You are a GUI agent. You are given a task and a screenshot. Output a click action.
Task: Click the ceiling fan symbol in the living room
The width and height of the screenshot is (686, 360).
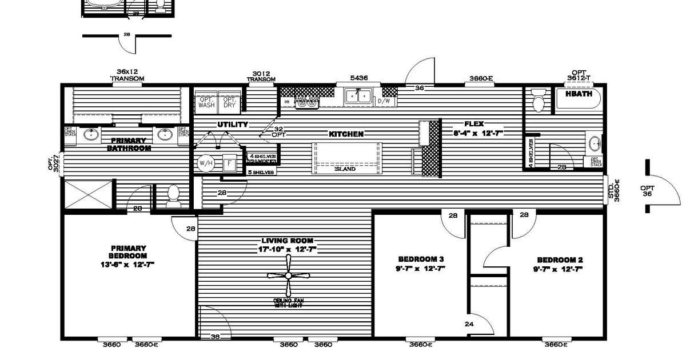point(288,275)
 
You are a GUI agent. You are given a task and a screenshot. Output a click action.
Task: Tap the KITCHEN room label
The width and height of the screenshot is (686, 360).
point(346,134)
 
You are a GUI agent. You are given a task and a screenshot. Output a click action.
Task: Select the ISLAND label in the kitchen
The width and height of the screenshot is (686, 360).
point(345,169)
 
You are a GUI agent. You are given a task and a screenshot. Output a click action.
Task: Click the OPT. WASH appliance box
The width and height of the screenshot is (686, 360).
point(206,102)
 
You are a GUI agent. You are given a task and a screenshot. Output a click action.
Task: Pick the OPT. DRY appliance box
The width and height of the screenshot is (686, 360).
point(230,102)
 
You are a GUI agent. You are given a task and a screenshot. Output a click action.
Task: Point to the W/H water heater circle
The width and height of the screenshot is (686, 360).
point(204,163)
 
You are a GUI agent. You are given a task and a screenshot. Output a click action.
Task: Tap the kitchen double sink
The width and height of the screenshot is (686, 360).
point(358,96)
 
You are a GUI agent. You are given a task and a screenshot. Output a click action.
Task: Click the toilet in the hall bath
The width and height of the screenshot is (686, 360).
point(537,102)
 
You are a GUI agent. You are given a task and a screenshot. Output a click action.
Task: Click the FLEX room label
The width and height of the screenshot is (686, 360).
point(474,123)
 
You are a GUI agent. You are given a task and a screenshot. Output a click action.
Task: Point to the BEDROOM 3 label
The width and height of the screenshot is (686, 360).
point(420,259)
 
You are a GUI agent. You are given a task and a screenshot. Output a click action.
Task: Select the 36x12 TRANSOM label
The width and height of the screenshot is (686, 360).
point(127,75)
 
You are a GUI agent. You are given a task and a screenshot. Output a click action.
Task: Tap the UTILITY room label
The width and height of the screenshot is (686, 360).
point(232,124)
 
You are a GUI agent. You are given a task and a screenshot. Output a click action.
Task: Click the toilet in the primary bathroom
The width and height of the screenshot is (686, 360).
point(173,197)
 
